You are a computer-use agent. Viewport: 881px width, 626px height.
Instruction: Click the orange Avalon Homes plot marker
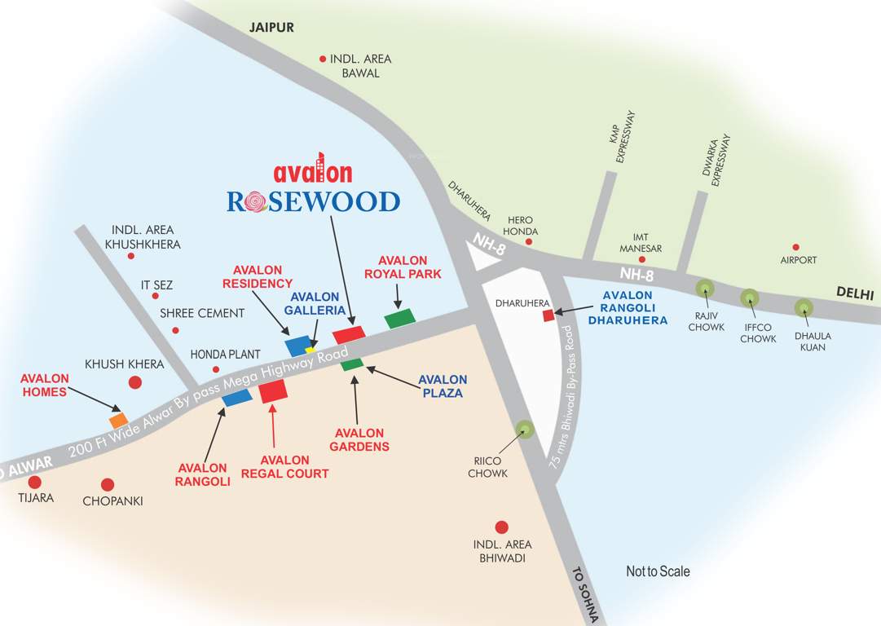click(x=119, y=421)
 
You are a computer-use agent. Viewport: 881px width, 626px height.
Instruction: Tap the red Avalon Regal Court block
click(x=273, y=391)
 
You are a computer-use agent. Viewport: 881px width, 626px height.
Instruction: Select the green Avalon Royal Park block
click(x=399, y=319)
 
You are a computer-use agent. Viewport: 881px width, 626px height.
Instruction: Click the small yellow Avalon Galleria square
click(x=311, y=350)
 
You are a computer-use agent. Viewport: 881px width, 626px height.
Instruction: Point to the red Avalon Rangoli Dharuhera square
click(x=548, y=315)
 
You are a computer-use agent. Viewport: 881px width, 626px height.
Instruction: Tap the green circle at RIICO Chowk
click(x=522, y=430)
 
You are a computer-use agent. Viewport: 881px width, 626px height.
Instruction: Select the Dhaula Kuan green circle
click(x=804, y=307)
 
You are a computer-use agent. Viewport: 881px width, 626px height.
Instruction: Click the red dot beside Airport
click(x=796, y=247)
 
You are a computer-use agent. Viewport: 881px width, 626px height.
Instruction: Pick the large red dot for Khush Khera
click(x=135, y=382)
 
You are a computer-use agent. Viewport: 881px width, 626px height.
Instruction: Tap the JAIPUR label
click(x=271, y=28)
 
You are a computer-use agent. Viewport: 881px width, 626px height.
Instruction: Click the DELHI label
click(x=853, y=293)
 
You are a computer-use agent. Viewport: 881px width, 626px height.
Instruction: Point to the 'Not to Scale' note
click(x=657, y=571)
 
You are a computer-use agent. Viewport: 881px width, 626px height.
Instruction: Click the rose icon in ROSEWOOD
click(x=257, y=201)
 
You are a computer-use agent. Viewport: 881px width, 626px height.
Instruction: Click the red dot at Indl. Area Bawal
click(x=323, y=59)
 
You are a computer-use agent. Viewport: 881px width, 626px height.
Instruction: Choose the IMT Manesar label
click(x=641, y=243)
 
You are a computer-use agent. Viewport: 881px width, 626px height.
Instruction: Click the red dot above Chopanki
click(x=108, y=485)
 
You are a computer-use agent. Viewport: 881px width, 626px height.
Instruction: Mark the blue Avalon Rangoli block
click(x=237, y=397)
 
